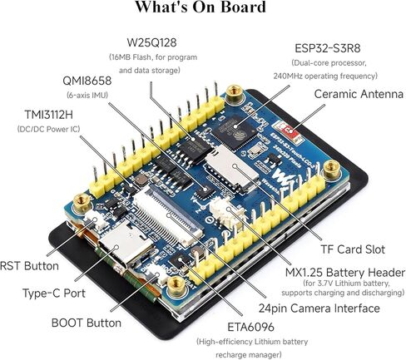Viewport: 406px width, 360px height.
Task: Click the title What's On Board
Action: [201, 7]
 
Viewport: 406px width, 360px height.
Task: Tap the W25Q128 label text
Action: [151, 42]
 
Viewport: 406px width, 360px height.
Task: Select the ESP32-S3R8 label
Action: [328, 48]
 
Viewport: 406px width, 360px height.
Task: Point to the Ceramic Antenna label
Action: [359, 94]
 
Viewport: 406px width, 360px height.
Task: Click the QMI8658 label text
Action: [87, 81]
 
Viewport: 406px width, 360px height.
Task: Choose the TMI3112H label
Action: [49, 115]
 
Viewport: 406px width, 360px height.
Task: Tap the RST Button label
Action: [29, 266]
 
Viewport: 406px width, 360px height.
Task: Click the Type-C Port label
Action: [54, 293]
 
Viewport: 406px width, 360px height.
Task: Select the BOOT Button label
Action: [87, 323]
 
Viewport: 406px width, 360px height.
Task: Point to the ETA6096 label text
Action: [250, 327]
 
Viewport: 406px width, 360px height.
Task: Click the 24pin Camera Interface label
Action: [319, 308]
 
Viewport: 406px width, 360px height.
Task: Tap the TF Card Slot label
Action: [353, 249]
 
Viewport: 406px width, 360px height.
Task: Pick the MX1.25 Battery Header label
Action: [345, 273]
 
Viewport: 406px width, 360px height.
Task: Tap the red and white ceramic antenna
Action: [288, 130]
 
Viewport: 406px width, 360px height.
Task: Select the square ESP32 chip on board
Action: [237, 133]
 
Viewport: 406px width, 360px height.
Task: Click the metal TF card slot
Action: [231, 168]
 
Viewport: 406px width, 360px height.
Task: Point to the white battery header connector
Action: [226, 213]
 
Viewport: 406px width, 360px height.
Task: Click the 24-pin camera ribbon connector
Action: [169, 215]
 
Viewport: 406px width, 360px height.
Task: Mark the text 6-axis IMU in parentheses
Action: [87, 95]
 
